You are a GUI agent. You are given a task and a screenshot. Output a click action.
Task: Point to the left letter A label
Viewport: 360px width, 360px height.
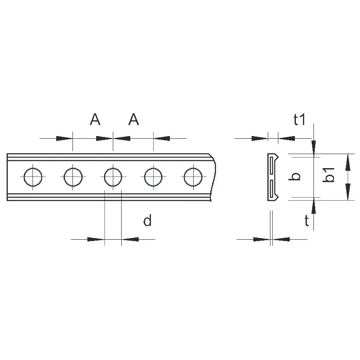coord(95,119)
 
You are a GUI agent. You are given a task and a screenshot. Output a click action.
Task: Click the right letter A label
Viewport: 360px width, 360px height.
coord(133,119)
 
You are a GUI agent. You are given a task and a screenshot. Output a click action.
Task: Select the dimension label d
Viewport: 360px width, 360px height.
coord(148,220)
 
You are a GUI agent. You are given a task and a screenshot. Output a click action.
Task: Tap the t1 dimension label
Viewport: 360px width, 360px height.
coord(299,119)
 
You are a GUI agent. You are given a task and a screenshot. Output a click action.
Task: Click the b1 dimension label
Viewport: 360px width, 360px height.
coord(328,175)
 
